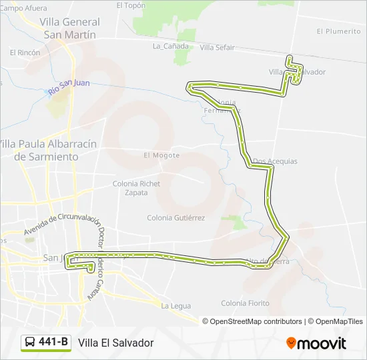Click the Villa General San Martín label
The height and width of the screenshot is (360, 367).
click(x=69, y=28)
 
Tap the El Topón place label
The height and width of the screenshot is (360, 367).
click(x=131, y=5)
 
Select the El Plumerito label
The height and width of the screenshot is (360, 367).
click(x=338, y=31)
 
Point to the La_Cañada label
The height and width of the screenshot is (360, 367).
click(x=167, y=47)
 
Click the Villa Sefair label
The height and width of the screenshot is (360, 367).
click(x=217, y=47)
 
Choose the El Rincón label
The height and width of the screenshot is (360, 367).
click(x=25, y=52)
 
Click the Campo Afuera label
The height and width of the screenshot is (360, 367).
click(x=24, y=9)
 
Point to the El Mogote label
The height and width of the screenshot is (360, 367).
click(x=161, y=155)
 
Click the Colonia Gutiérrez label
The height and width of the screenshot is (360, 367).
click(x=176, y=217)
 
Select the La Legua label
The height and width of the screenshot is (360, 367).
click(x=176, y=306)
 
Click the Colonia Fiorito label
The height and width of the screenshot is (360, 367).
click(x=246, y=303)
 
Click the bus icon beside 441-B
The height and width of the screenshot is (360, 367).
click(x=31, y=343)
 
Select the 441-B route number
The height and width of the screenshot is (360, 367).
click(x=53, y=343)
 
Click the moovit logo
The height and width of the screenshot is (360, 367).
click(x=316, y=343)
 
